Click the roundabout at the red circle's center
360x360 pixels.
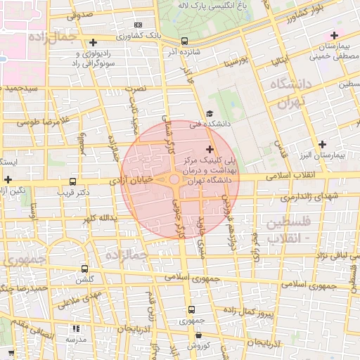pos(174,181)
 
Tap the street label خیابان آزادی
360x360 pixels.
pos(132,181)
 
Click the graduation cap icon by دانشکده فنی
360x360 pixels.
pos(210,114)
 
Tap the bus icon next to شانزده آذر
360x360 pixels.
pos(184,41)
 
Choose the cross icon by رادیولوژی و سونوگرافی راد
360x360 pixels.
pos(94,43)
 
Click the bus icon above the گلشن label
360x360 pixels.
pos(85,269)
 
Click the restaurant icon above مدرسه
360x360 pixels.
pos(76,328)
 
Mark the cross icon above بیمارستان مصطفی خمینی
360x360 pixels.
pos(334,35)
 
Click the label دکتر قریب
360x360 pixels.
pos(75,191)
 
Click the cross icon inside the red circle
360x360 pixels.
pos(210,149)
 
